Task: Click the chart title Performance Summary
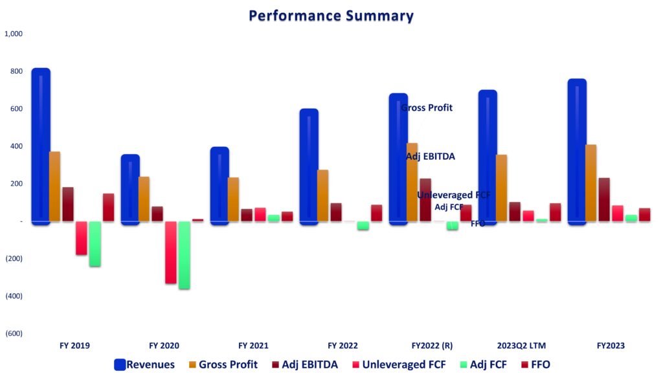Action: tap(331, 16)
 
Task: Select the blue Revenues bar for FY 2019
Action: tap(40, 146)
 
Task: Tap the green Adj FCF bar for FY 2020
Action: tap(184, 255)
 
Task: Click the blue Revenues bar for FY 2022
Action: tap(309, 166)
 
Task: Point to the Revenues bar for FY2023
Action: tap(577, 151)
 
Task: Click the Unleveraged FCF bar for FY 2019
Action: tap(81, 238)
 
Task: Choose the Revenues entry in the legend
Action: tap(144, 364)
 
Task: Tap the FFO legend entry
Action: tap(535, 364)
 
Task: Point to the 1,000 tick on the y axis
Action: tap(14, 34)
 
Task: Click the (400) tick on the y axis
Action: tap(14, 296)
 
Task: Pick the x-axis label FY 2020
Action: tap(164, 346)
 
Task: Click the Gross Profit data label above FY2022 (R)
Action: tap(427, 108)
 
